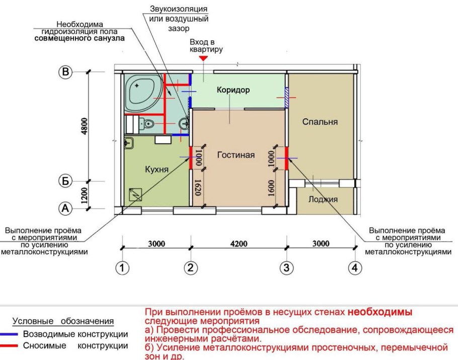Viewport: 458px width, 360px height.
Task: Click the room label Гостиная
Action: point(236,155)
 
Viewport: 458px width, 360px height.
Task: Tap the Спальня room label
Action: point(320,122)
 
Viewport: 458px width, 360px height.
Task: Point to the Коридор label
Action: point(233,90)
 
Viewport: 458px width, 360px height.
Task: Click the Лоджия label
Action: point(323,199)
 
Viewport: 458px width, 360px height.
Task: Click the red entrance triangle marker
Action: point(203,59)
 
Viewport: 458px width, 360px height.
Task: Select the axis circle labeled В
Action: point(65,73)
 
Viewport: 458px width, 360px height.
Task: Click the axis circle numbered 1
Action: point(121,268)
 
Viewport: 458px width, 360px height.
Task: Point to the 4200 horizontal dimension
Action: point(239,244)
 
